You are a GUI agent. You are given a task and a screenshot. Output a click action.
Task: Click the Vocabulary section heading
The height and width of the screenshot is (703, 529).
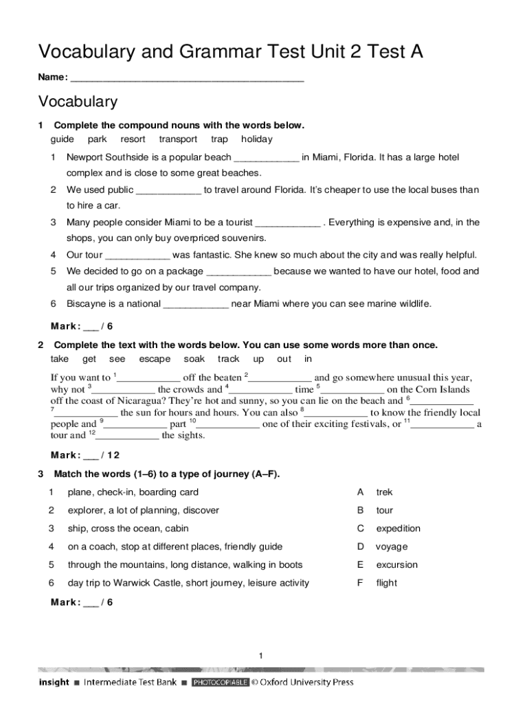tap(78, 102)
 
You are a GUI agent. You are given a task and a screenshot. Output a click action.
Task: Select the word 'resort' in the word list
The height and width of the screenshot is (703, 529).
tap(133, 139)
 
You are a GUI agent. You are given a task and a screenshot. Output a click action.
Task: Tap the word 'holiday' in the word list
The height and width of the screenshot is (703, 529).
tap(256, 139)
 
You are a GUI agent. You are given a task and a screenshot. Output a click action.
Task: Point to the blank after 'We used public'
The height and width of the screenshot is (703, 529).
tap(169, 191)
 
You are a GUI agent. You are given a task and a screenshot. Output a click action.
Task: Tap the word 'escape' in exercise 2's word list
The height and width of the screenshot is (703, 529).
tap(155, 359)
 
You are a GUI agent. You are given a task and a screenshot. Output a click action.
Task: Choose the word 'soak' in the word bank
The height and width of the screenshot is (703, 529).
tap(194, 359)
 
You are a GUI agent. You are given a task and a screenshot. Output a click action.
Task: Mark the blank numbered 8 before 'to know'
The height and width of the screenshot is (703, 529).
tap(336, 413)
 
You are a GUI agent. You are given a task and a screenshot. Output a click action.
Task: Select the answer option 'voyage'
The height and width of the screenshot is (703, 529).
tap(392, 547)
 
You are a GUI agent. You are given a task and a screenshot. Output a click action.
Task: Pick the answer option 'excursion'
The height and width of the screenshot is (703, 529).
tap(396, 565)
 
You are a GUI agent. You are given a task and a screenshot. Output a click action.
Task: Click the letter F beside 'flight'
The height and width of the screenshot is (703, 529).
tap(359, 584)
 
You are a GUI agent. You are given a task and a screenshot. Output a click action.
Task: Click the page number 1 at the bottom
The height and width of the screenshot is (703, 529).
tap(261, 657)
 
